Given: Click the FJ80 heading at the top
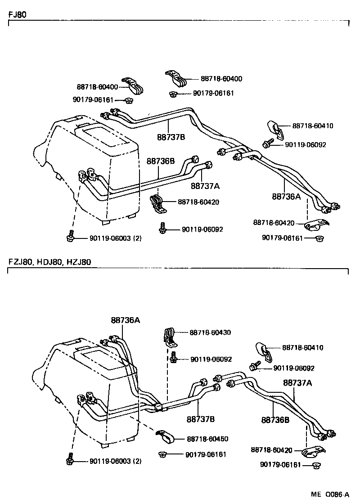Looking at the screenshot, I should [x=17, y=14].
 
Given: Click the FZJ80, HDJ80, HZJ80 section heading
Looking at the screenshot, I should [x=49, y=262].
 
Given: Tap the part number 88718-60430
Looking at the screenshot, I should [x=210, y=332].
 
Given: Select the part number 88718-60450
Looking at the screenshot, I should [x=207, y=439].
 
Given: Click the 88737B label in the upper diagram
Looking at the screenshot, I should [x=171, y=137].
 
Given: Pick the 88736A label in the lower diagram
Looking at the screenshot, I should [x=126, y=320].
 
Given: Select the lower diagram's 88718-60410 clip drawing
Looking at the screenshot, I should [x=264, y=351].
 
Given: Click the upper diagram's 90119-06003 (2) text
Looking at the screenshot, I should [x=115, y=238].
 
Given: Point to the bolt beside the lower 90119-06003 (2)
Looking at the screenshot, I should [x=70, y=459].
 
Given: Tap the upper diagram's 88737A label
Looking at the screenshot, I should [x=205, y=185].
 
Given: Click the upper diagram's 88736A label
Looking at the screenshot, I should [x=286, y=197].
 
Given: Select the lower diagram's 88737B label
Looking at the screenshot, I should [x=201, y=419].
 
